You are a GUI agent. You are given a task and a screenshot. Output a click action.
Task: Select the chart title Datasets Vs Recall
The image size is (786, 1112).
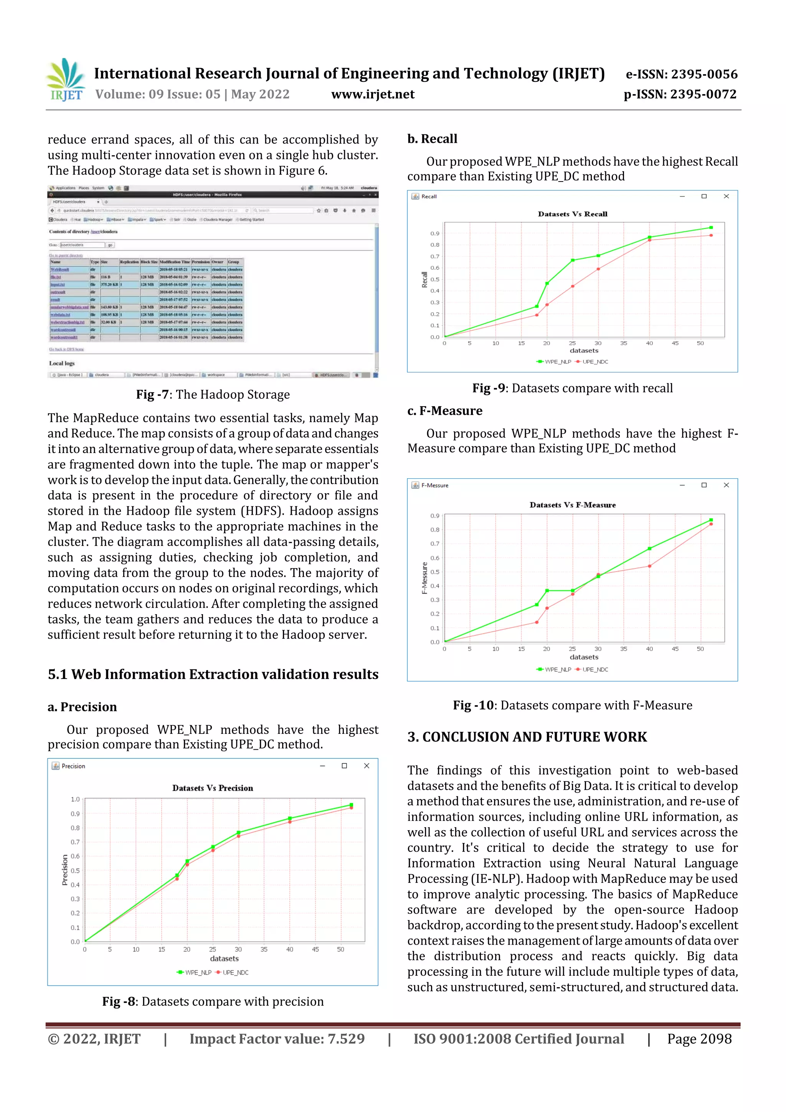click(573, 214)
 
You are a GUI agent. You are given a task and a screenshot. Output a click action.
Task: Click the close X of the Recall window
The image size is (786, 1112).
click(726, 196)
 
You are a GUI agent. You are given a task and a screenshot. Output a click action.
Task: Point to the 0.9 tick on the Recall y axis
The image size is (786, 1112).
click(434, 233)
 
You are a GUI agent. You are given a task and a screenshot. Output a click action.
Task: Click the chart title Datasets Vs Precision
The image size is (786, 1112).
click(213, 788)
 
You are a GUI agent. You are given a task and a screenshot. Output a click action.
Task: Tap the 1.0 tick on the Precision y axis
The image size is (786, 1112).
click(75, 799)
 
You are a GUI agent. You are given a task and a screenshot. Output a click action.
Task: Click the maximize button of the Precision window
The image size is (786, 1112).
click(344, 766)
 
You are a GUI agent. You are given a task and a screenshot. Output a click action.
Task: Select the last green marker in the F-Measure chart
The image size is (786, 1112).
click(711, 520)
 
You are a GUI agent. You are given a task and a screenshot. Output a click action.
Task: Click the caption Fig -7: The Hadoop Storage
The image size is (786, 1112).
click(213, 394)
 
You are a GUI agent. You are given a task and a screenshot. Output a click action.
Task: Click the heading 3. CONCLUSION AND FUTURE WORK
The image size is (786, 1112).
click(527, 737)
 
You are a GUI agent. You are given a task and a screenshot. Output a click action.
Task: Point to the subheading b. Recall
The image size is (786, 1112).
click(432, 139)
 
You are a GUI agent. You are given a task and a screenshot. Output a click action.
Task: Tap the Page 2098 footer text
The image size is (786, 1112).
click(699, 1039)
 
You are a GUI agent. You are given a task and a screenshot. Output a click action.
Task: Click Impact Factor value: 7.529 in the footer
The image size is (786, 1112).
click(277, 1039)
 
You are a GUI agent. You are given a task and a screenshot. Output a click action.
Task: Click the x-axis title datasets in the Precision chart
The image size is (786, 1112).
click(224, 958)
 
